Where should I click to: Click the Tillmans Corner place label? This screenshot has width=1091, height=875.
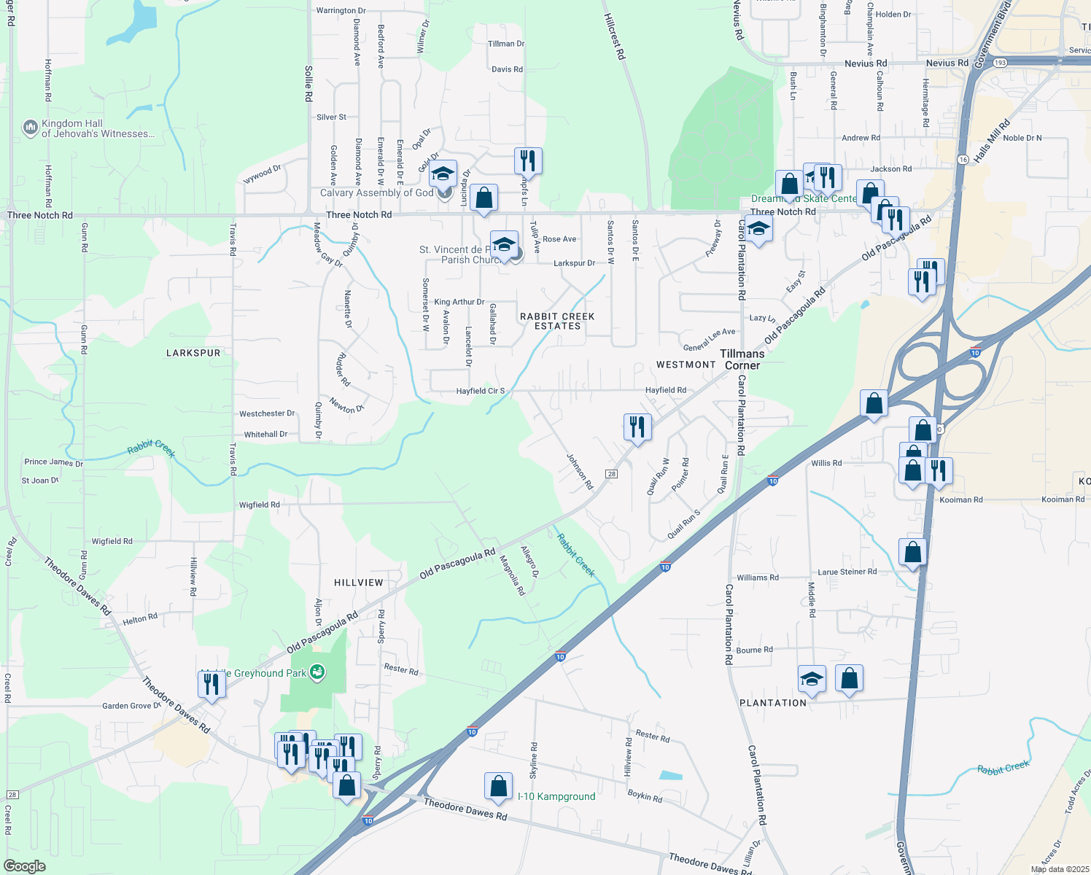pos(742,359)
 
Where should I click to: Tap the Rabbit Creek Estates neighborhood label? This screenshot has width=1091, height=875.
pos(557,322)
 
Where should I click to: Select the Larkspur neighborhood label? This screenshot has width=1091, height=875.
pos(193,353)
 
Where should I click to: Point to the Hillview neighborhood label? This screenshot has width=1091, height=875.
pos(359,583)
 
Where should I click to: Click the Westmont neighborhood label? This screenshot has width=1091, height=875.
pos(686,365)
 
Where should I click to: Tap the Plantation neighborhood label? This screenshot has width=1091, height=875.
pos(773,703)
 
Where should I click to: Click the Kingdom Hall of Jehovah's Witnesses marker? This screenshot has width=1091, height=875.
pos(31,128)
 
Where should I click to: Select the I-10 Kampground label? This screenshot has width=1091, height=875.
pos(556,796)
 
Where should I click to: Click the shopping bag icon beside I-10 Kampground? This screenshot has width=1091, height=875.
pos(499,787)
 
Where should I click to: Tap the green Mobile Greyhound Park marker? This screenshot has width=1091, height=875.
pos(317,672)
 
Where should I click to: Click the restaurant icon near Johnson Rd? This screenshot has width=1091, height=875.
pos(637,427)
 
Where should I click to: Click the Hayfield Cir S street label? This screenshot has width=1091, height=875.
pos(481,391)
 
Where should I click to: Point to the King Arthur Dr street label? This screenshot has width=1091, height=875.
pos(459,302)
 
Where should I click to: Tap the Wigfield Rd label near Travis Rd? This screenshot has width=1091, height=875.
pos(260,505)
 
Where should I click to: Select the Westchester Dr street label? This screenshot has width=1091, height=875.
pos(267,413)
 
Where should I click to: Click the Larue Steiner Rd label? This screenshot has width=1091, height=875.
pos(847,572)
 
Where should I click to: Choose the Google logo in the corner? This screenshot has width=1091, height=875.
pos(25,866)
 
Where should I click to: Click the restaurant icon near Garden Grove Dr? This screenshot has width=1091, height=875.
pos(211,685)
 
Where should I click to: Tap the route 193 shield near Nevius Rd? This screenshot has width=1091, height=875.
pos(1000,63)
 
